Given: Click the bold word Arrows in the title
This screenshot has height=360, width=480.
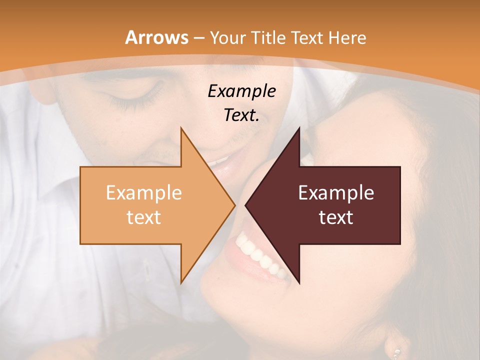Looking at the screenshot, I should pos(157,37).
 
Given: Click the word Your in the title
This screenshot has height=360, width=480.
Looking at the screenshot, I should pos(227,38).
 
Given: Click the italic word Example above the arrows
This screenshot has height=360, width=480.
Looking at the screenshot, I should pos(242,91).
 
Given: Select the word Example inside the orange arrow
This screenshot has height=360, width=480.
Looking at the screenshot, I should pos(144,193).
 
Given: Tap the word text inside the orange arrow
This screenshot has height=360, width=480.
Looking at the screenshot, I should pos(144,217).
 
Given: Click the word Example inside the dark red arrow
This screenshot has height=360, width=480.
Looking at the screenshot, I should pos(336,193).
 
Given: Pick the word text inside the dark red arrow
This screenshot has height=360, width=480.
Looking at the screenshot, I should pos(336,217).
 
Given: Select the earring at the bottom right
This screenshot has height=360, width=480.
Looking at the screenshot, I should pos(396,352).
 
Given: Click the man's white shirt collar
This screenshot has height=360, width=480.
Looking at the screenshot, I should pos(60,165).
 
